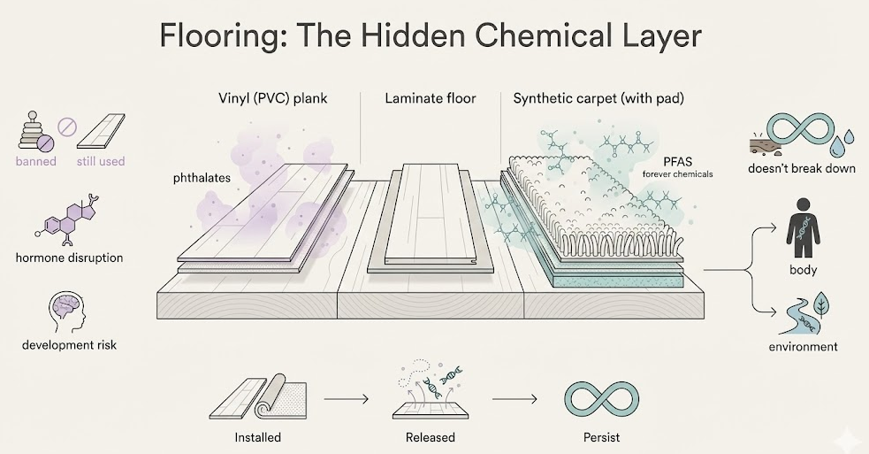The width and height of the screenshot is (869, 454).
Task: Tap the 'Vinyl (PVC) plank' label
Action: pyautogui.click(x=272, y=98)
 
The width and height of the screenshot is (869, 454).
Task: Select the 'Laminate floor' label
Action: pyautogui.click(x=431, y=98)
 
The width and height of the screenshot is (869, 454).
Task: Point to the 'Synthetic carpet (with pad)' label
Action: pyautogui.click(x=597, y=98)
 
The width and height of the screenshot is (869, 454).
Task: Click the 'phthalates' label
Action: pyautogui.click(x=202, y=178)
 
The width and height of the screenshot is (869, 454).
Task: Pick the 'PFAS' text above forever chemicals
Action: pyautogui.click(x=677, y=161)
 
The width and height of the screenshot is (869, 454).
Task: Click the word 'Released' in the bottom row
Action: pyautogui.click(x=431, y=437)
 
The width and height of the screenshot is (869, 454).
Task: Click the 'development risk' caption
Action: pyautogui.click(x=70, y=344)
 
